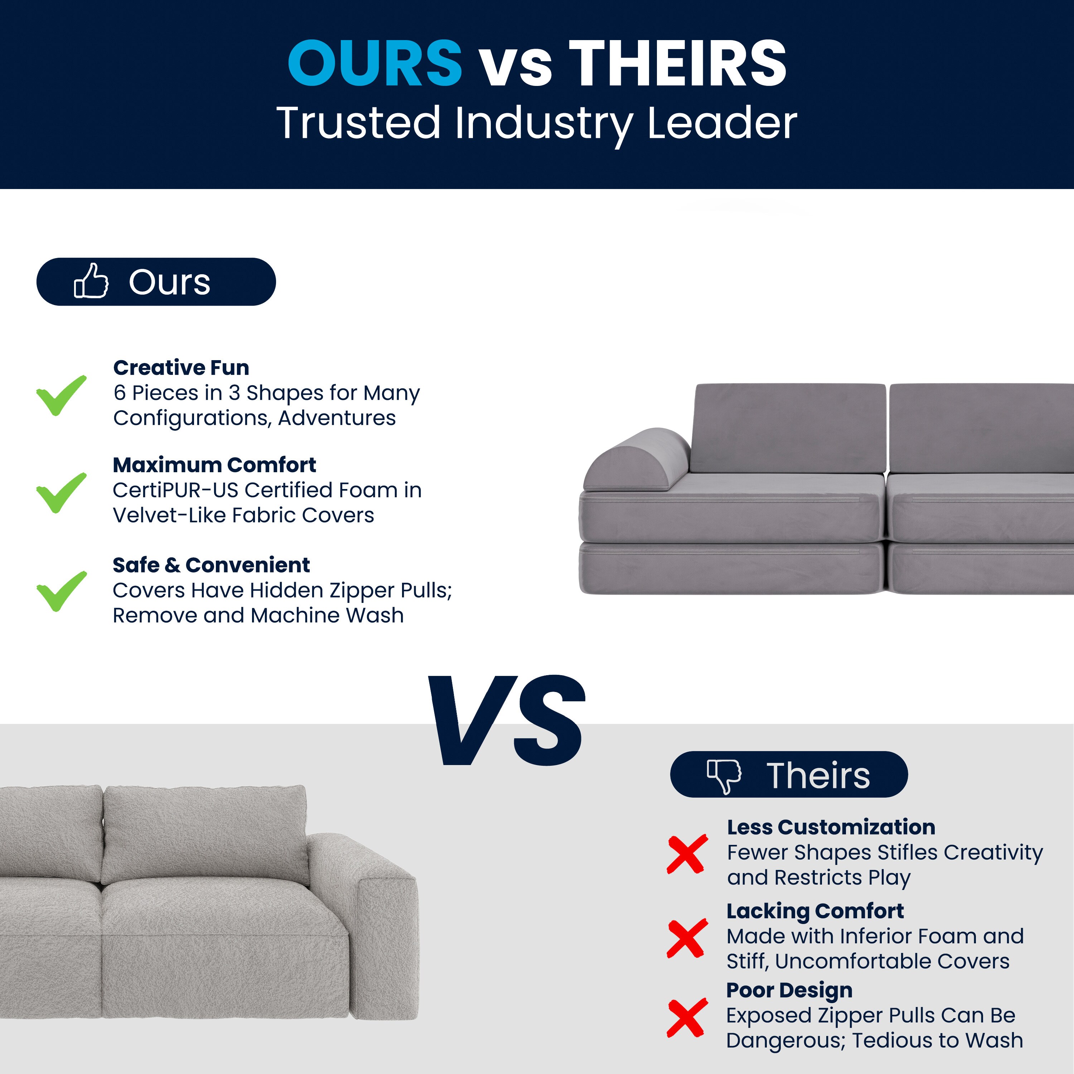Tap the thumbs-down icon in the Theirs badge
[x=724, y=776]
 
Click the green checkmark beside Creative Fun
[x=61, y=395]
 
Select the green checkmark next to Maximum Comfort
[x=61, y=493]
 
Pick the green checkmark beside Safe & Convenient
[x=61, y=591]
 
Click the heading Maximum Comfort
[x=214, y=465]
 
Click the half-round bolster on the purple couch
[x=637, y=460]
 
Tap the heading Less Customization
[x=831, y=827]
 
